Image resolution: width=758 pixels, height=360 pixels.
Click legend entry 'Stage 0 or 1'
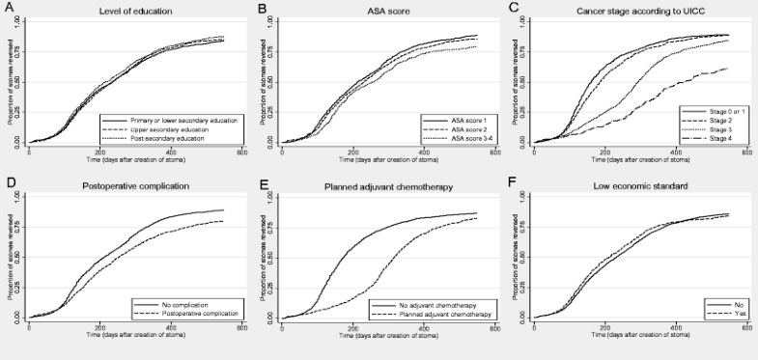722,111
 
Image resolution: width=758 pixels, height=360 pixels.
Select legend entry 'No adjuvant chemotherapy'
442,305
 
